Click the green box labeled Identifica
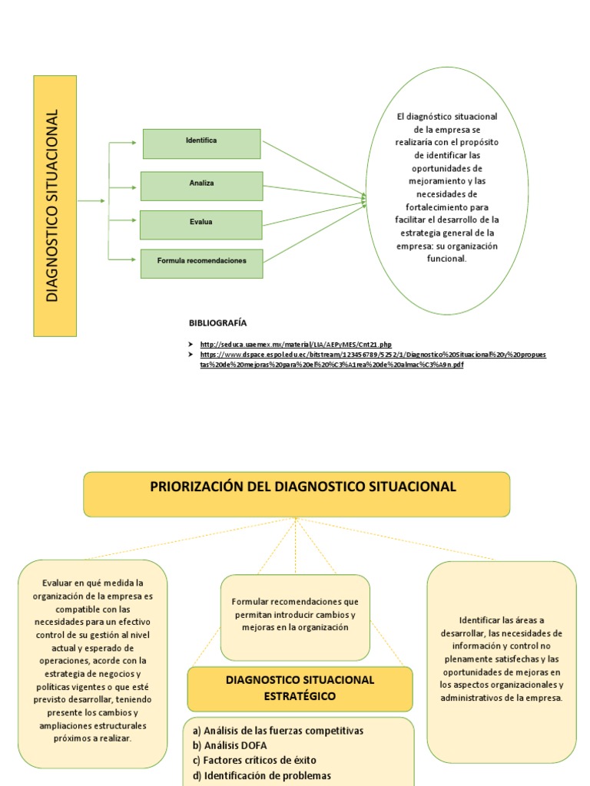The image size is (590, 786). pos(201,143)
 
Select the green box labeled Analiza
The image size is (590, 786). pos(201,185)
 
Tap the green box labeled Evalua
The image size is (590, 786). pos(201,224)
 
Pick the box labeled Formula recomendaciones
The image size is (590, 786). pos(201,263)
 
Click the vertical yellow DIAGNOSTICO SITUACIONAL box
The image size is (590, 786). pos(55,206)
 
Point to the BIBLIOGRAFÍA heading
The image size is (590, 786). pos(218,322)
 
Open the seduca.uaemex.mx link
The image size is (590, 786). pos(296,345)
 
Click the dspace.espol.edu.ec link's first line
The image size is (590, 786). pos(373,355)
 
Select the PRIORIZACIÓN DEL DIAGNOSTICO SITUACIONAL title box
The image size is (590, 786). pos(297,493)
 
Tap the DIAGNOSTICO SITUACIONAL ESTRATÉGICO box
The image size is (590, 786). pos(300,688)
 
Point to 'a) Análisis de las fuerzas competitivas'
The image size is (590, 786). pos(278,730)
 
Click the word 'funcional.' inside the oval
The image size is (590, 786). pos(446,259)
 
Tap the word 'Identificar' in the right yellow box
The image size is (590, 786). pos(480,620)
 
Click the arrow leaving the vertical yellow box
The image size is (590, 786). pos(91,201)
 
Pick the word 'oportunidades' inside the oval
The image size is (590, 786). pos(446,168)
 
